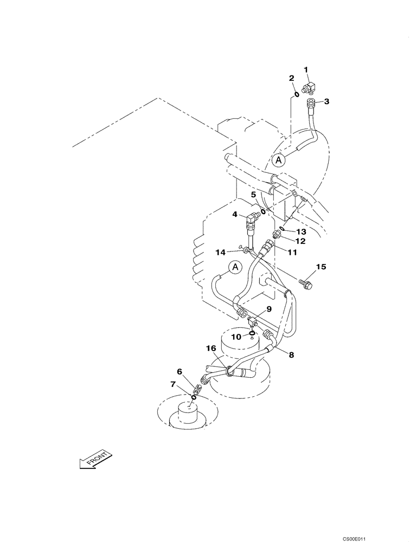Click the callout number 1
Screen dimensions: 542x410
click(306, 69)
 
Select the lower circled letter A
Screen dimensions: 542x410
click(234, 267)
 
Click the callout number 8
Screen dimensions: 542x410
click(291, 356)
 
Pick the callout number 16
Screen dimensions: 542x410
click(211, 348)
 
